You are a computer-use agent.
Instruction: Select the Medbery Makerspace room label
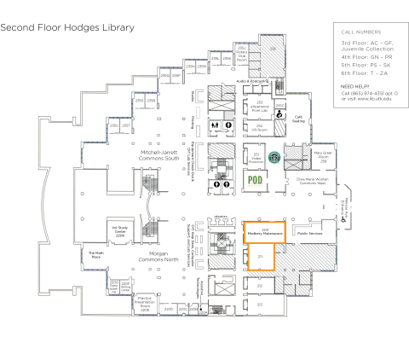[x=265, y=231]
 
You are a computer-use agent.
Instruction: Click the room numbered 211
[x=259, y=256]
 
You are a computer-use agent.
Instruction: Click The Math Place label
[x=96, y=254]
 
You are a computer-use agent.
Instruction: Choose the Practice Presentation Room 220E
[x=144, y=303]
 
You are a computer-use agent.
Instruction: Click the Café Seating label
[x=298, y=119]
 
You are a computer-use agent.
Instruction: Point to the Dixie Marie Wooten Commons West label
[x=313, y=181]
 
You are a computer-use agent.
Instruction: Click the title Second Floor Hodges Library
[x=67, y=27]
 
